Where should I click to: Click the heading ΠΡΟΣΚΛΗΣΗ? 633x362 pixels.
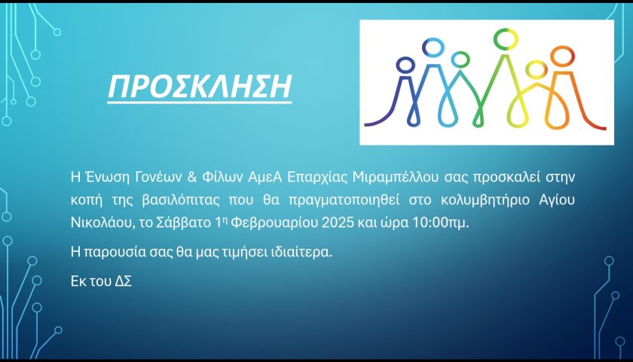tap(200, 87)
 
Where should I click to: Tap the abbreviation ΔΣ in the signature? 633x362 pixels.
tap(124, 281)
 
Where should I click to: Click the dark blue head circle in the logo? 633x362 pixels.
tap(405, 65)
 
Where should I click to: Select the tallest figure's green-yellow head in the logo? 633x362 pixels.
tap(506, 38)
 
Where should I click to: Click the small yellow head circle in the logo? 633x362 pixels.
tap(536, 70)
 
